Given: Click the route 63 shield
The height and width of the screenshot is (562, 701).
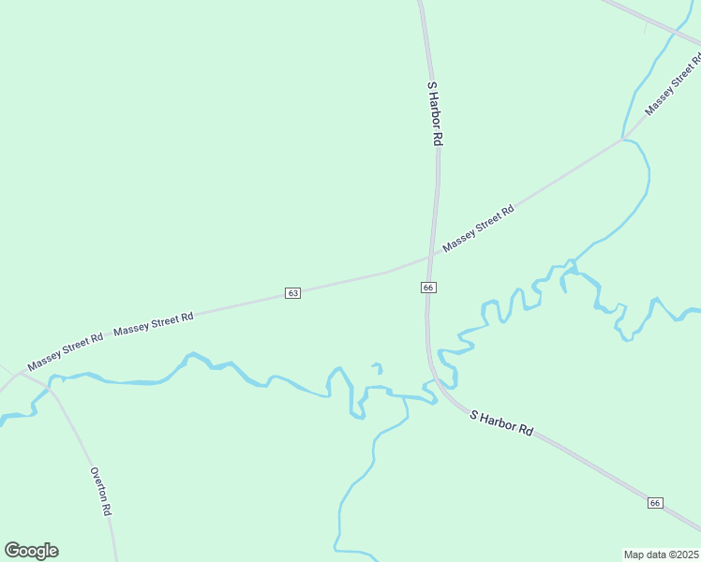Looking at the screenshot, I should coord(293,293).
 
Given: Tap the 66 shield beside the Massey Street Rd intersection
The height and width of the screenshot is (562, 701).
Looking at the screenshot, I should coord(427,287).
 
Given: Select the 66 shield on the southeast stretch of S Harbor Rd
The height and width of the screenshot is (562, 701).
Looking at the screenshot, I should coord(655,503).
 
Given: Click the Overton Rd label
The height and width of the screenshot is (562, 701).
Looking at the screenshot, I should coord(100,492).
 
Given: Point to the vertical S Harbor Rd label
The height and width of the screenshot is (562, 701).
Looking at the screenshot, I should coord(434,112).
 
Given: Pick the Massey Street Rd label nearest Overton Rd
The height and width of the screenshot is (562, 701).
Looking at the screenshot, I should coord(65,350).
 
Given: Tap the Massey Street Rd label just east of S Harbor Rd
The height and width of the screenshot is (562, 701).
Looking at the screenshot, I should coord(478,229).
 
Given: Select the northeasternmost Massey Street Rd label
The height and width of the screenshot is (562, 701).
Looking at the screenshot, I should coord(673,85).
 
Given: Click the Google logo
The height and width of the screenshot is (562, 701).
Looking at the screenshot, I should coord(31,551).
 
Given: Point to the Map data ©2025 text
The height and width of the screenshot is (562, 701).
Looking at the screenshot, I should coord(662,554).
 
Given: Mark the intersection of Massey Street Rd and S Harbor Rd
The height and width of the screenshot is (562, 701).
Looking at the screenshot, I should coord(432,256).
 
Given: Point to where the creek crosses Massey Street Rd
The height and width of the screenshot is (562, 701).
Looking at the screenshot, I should coord(622,140).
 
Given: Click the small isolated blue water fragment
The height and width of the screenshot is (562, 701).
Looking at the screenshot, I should coord(378,367).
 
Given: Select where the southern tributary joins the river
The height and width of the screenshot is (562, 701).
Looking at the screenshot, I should coord(406,397).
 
